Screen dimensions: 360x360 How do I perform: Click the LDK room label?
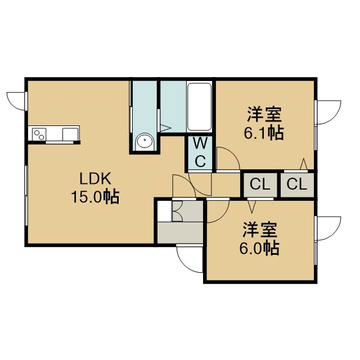95,179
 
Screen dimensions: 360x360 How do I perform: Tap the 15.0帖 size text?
95,196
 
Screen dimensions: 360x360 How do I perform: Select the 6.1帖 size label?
264,133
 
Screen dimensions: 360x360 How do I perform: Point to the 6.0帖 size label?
260,248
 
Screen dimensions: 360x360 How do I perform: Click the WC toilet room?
200,152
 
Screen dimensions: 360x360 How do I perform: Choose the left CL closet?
260,184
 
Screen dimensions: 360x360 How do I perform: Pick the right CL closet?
297,184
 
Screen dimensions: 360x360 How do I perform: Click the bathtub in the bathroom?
199,107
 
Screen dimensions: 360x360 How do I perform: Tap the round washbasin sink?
145,141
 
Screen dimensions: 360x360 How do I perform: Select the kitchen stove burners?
39,134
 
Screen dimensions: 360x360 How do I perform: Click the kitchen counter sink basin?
70,134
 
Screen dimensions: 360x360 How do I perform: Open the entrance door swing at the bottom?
190,259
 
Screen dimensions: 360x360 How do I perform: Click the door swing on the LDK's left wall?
16,101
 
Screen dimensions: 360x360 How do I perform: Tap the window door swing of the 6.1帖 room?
328,112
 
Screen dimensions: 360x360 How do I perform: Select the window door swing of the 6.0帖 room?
328,228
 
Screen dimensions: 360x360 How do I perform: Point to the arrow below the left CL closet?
252,206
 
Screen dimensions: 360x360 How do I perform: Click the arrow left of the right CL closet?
304,164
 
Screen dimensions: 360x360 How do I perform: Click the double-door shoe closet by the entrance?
187,211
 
